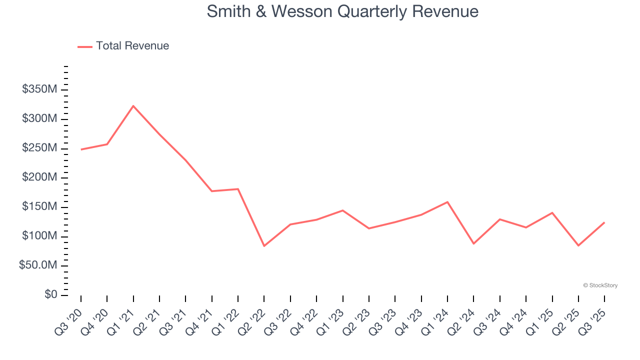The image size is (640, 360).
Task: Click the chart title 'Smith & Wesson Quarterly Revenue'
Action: (x=342, y=11)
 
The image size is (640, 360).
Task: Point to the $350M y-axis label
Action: (x=39, y=89)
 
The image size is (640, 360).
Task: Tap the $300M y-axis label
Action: (x=39, y=119)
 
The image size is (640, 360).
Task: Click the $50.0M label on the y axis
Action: (x=38, y=265)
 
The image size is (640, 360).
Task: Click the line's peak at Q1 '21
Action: (x=133, y=106)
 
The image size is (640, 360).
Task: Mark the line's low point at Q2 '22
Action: (x=264, y=245)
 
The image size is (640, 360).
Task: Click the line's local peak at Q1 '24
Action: (x=447, y=202)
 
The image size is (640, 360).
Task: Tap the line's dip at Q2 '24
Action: (x=473, y=243)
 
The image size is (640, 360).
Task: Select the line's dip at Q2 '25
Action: (x=578, y=245)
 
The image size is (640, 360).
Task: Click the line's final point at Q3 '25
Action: (x=604, y=222)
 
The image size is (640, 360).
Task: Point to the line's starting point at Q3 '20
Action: (x=81, y=149)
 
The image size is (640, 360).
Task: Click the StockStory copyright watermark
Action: (x=600, y=285)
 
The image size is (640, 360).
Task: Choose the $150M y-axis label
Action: (x=39, y=207)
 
